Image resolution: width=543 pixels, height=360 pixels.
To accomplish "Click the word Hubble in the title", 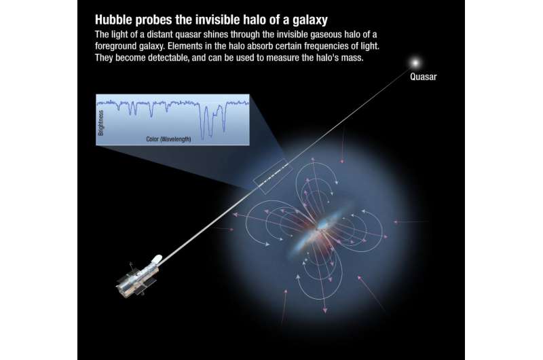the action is point(114,20).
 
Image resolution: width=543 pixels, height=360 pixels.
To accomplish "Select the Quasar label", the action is point(423,77).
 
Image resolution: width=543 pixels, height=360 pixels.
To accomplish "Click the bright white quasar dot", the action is point(415,63).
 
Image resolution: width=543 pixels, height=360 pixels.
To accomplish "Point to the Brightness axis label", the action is point(100,123).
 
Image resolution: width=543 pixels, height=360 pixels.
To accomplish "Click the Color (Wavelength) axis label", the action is point(168,139).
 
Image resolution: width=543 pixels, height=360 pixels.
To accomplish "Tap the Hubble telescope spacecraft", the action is point(139,275).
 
